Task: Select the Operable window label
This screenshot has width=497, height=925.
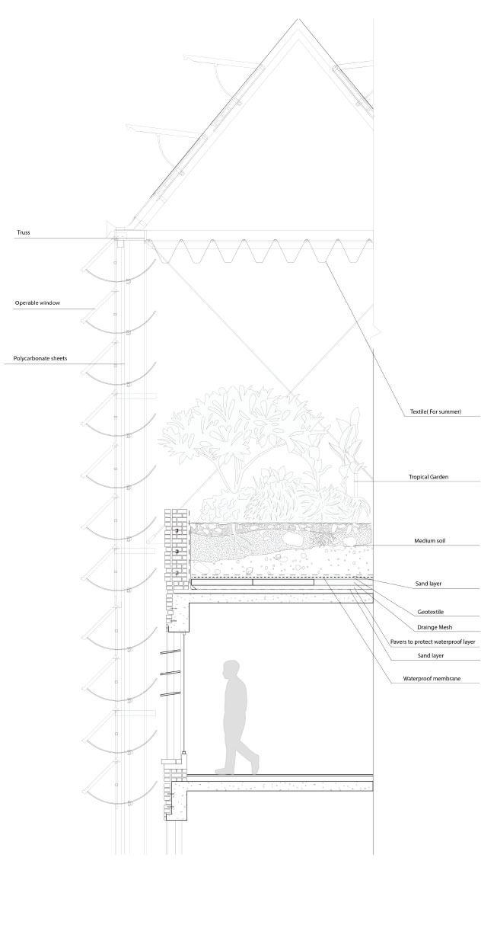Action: click(37, 303)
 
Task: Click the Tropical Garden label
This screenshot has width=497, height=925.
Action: click(429, 478)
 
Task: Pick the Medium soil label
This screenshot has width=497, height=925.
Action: click(431, 541)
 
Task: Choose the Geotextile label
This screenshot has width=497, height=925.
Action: click(432, 611)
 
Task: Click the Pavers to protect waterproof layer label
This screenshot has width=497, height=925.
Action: click(432, 642)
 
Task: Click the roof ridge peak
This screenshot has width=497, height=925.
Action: click(298, 20)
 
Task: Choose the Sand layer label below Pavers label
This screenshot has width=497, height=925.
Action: click(431, 655)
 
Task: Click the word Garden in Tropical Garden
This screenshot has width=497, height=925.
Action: click(438, 478)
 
